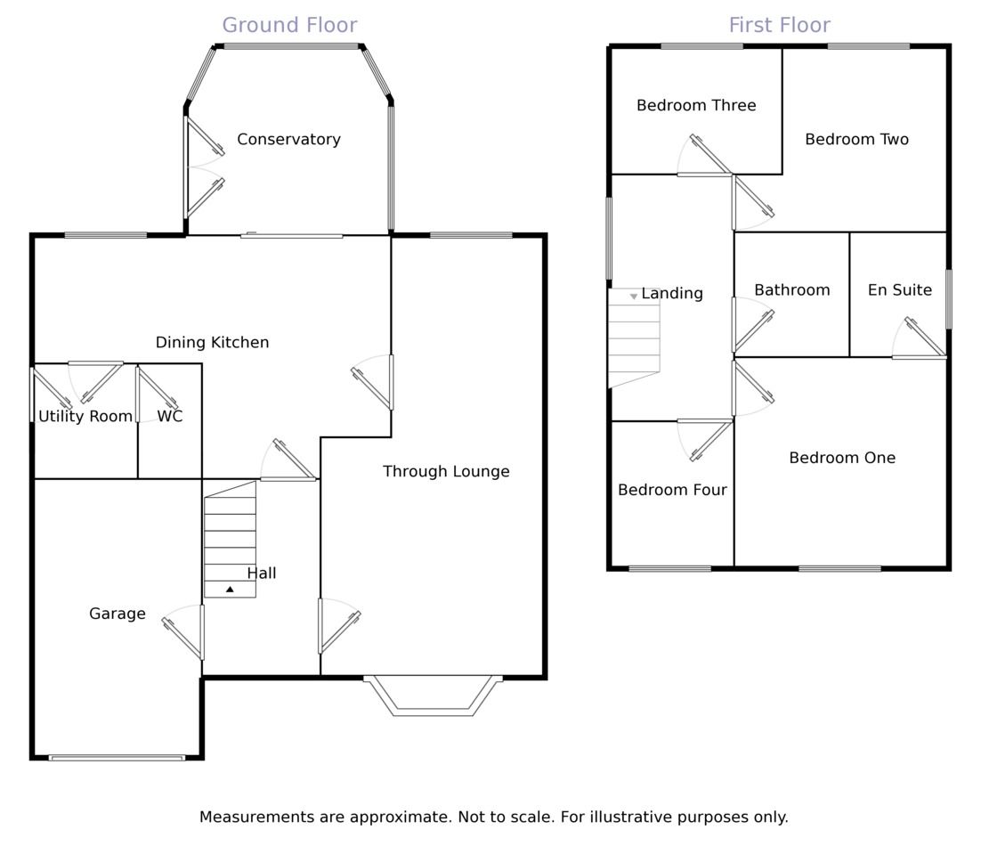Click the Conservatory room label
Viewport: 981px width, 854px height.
coord(288,139)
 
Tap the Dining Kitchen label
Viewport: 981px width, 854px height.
coord(212,342)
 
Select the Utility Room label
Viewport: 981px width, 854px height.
coord(85,416)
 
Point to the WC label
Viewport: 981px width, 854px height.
coord(170,416)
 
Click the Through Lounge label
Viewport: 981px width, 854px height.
coord(446,471)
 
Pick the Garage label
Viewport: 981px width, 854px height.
coord(118,614)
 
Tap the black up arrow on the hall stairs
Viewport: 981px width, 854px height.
coord(230,590)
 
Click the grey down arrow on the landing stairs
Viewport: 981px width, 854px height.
coord(634,296)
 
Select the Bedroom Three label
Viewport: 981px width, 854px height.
coord(696,105)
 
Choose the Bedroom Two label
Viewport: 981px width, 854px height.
coord(856,139)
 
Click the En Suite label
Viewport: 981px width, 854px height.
coord(900,289)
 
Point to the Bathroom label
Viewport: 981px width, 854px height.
coord(791,289)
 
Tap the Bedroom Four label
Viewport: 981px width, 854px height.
coord(672,490)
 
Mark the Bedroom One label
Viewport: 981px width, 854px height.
coord(842,458)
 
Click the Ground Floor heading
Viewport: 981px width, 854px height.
coord(289,25)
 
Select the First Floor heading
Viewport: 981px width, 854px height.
coord(779,25)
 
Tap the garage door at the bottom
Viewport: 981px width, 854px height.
coord(117,758)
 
